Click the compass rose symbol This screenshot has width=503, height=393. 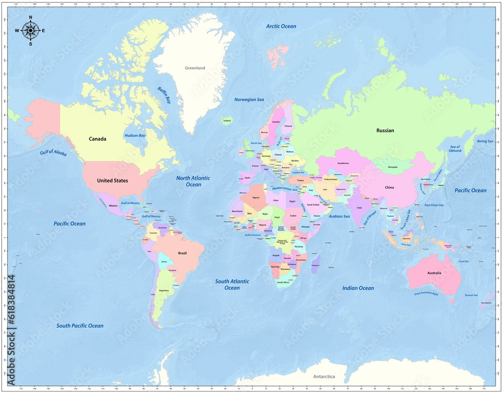pos(30,31)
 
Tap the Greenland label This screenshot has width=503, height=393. pos(195,68)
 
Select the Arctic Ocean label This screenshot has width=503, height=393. pos(281,26)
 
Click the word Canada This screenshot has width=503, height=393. pos(98,139)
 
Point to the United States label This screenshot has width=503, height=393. pos(112,180)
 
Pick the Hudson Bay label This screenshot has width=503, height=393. pos(135,136)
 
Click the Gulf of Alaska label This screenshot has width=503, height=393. pos(53,153)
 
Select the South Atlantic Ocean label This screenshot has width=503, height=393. pos(232,284)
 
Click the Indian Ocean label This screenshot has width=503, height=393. pos(358,288)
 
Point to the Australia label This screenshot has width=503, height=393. pos(434,273)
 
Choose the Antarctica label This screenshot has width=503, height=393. pos(324,376)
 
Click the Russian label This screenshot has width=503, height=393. pos(385,131)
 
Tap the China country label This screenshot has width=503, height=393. pos(389,187)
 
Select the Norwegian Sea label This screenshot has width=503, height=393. pos(249,100)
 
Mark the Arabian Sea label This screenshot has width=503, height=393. pos(339,216)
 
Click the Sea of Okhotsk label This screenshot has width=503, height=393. pos(455,149)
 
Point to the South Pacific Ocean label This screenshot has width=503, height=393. pos(80,326)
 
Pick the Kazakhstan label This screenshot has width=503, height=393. pos(343,163)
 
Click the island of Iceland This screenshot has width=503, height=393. pos(227,120)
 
